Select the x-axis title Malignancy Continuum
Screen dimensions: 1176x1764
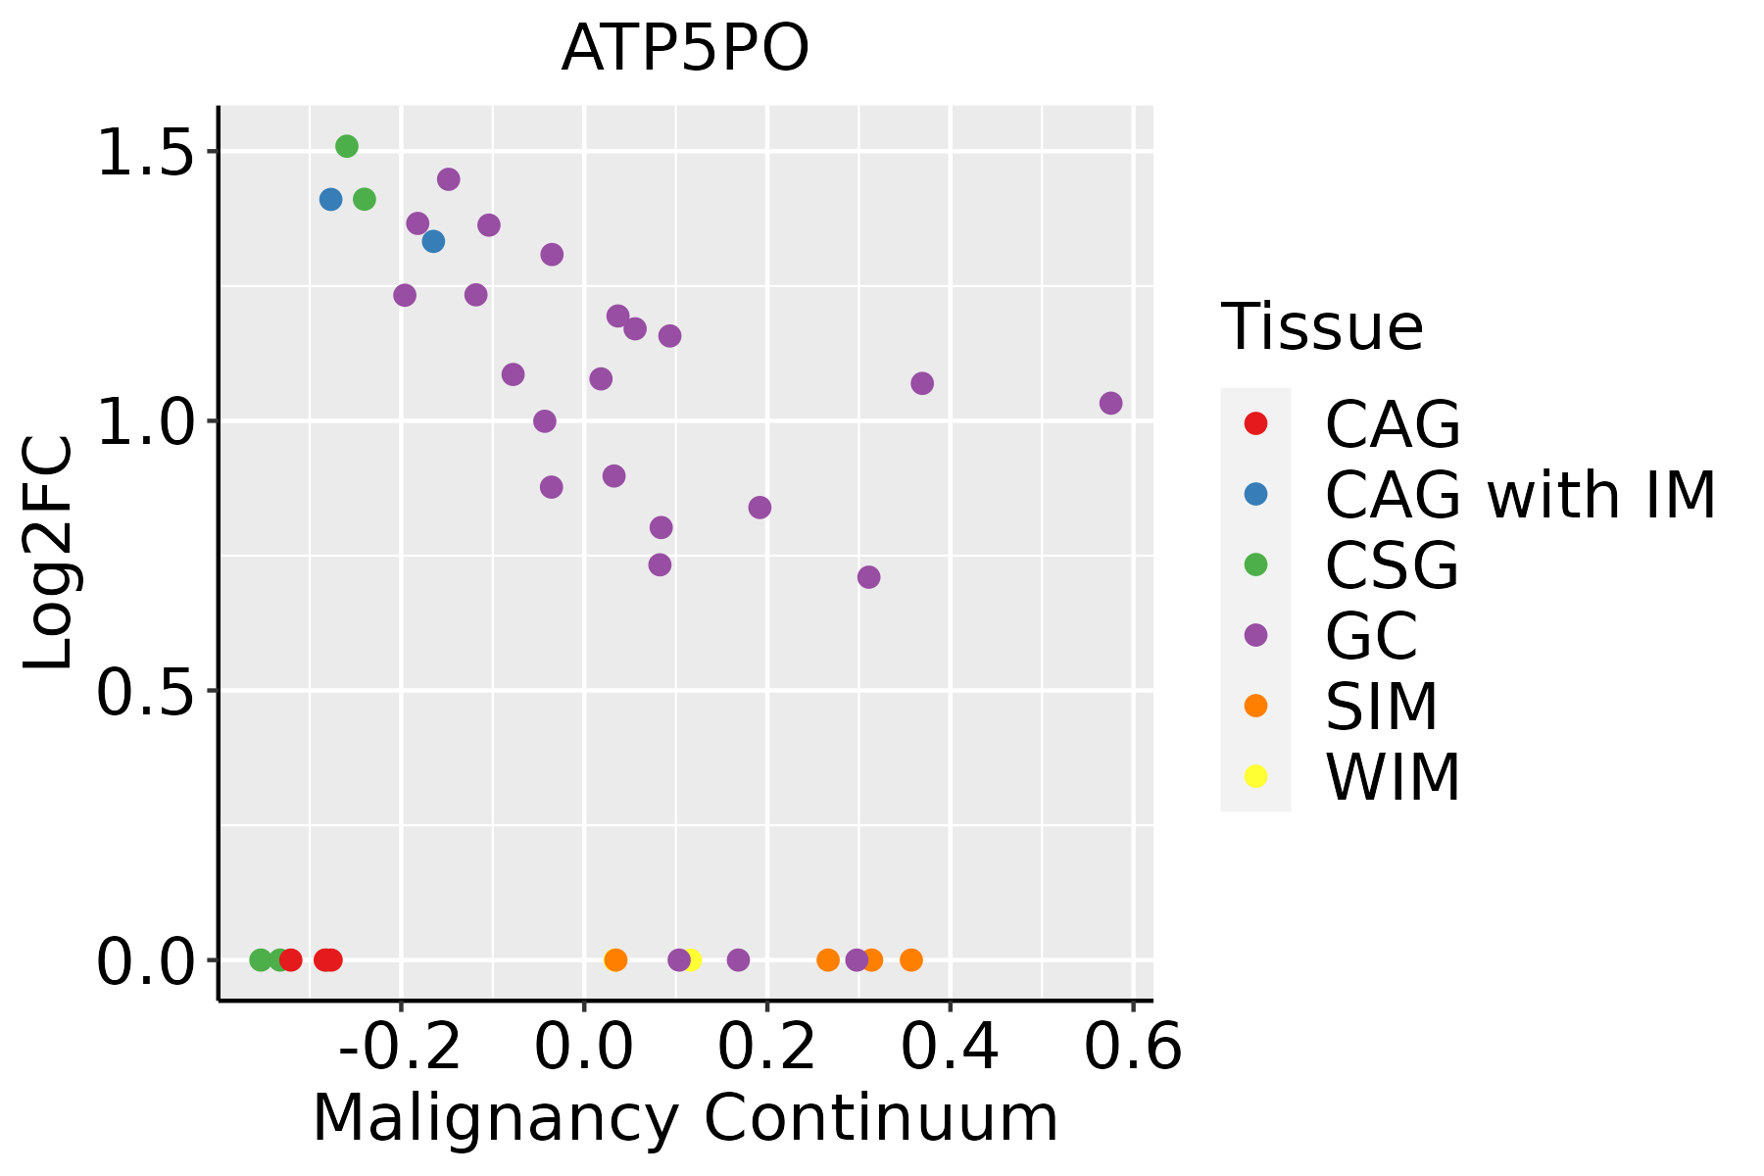[x=685, y=1118]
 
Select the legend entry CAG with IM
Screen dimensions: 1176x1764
[x=1520, y=495]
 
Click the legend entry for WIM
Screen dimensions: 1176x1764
[x=1393, y=777]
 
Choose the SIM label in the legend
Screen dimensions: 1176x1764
[x=1382, y=707]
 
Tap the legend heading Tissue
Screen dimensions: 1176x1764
[x=1322, y=327]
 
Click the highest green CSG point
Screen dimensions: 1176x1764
[x=347, y=146]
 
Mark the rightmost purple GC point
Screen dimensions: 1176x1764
[x=1110, y=403]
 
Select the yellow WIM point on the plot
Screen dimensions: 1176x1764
[x=692, y=959]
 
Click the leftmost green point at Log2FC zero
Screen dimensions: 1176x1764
[x=261, y=959]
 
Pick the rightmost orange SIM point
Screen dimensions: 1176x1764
[x=911, y=959]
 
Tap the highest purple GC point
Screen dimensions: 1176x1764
[x=449, y=179]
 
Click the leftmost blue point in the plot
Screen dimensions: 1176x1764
[x=331, y=199]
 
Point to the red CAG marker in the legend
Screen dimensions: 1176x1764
[x=1255, y=424]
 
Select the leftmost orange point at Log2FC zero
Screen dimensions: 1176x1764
[x=615, y=959]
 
